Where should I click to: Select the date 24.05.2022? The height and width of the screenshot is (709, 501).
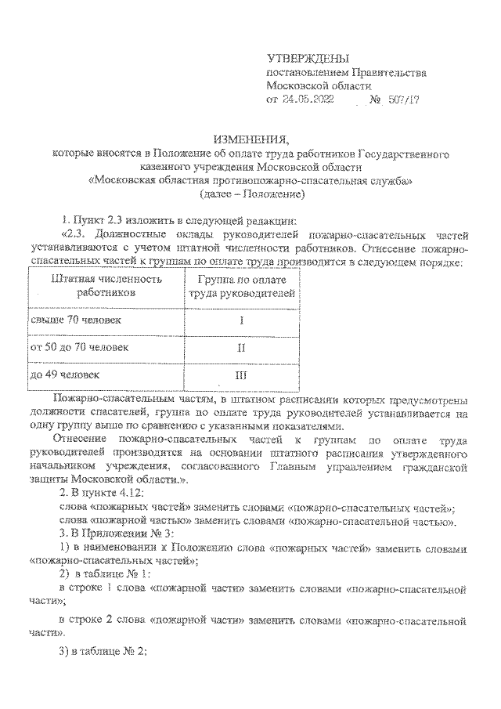pyautogui.click(x=313, y=100)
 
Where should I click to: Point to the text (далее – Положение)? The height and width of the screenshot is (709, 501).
pyautogui.click(x=250, y=194)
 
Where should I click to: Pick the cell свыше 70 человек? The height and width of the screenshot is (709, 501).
pyautogui.click(x=76, y=320)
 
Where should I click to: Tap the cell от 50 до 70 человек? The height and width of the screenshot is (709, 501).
pyautogui.click(x=79, y=346)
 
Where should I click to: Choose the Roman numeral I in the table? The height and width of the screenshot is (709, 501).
pyautogui.click(x=241, y=320)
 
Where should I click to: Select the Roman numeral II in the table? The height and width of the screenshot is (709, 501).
pyautogui.click(x=241, y=347)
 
